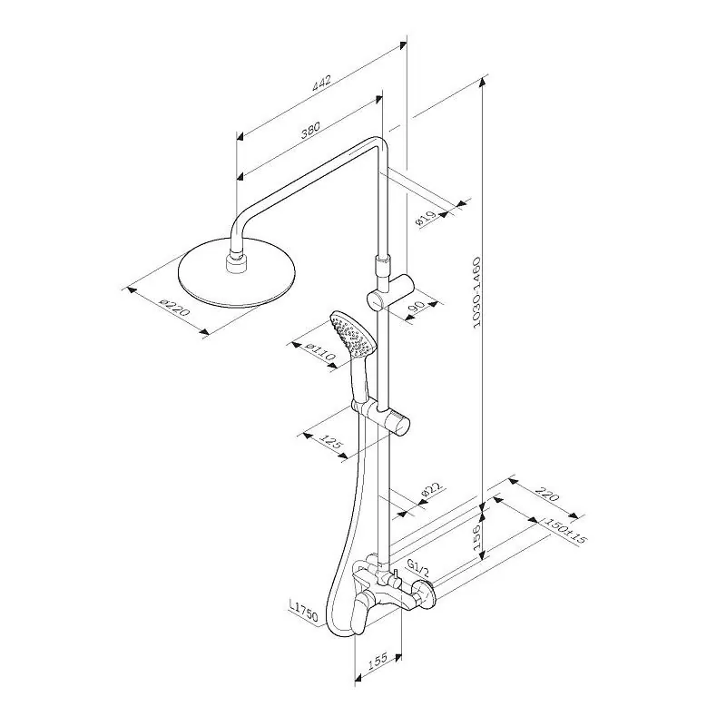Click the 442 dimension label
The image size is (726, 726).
[321, 83]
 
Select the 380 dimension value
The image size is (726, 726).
[310, 130]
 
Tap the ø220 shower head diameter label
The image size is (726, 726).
[174, 309]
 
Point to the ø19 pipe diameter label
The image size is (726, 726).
[427, 219]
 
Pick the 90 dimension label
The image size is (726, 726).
[417, 307]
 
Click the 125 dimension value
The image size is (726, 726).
[332, 442]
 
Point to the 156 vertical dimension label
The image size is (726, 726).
[477, 536]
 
